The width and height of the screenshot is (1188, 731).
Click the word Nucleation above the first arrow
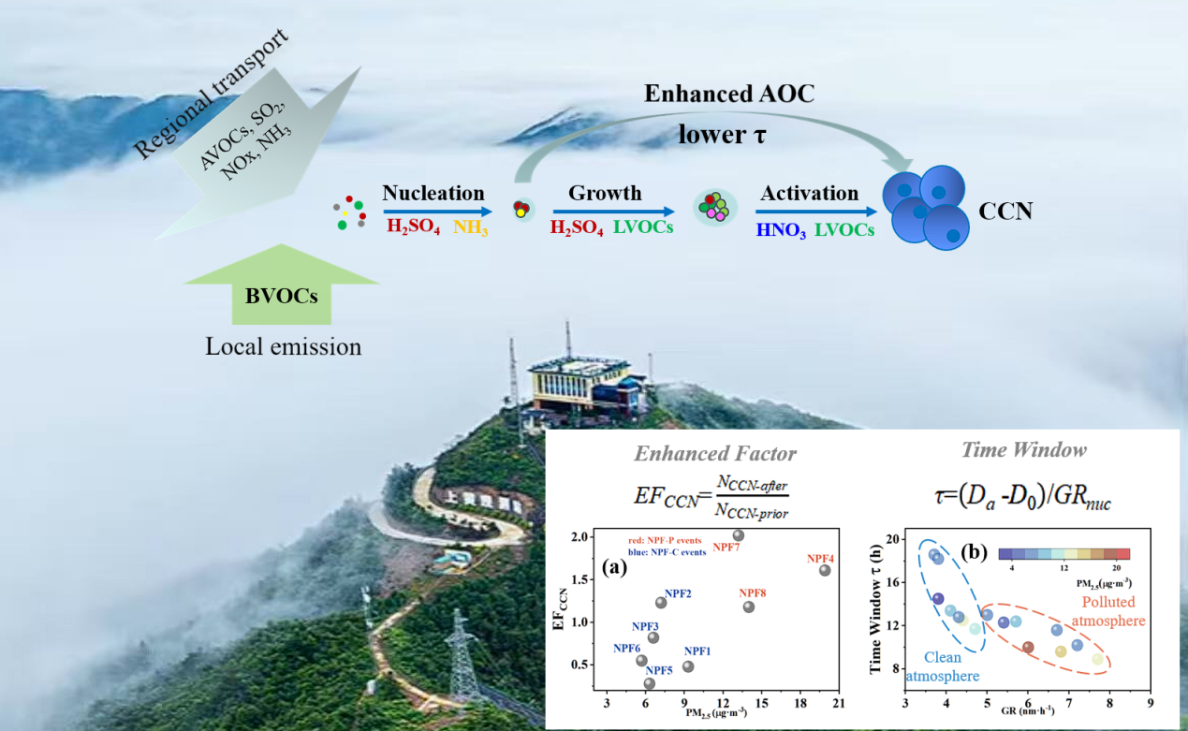433,193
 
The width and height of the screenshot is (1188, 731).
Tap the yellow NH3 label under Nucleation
471,227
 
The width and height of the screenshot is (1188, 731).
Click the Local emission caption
283,347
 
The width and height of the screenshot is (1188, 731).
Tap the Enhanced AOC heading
729,94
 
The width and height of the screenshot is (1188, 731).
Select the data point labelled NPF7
738,535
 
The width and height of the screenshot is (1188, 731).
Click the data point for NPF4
824,570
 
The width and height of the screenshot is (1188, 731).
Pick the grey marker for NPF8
748,607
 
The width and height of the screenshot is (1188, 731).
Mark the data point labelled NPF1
688,666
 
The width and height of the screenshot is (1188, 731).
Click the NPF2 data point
661,602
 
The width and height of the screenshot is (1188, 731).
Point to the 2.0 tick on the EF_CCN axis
580,537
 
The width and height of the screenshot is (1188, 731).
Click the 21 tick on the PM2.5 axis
839,704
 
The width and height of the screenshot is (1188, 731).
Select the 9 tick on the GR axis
1150,704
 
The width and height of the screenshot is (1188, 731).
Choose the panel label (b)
976,552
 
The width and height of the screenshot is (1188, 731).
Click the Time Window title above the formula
1023,450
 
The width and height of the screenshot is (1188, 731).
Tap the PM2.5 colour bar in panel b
1063,554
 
